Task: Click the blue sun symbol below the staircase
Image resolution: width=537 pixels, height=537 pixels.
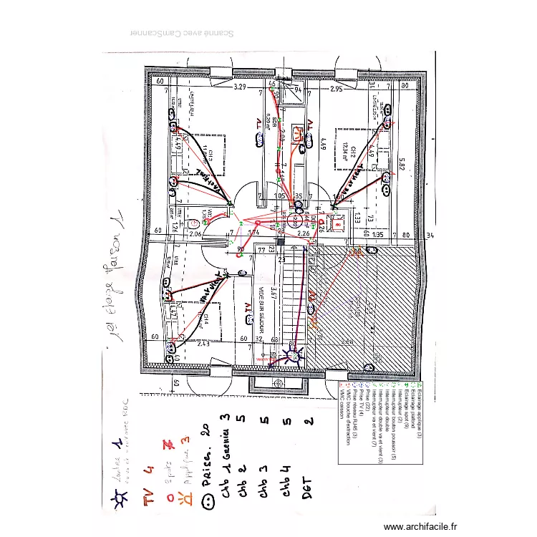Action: [293, 354]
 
